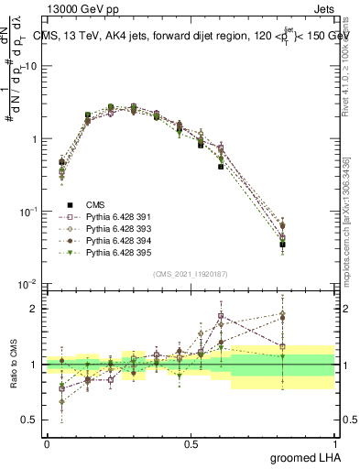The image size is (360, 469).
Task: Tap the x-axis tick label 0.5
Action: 191,444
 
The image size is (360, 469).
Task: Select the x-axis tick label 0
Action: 47,444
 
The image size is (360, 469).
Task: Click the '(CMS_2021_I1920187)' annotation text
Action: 190,273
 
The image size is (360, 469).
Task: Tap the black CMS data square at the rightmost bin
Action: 307,245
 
